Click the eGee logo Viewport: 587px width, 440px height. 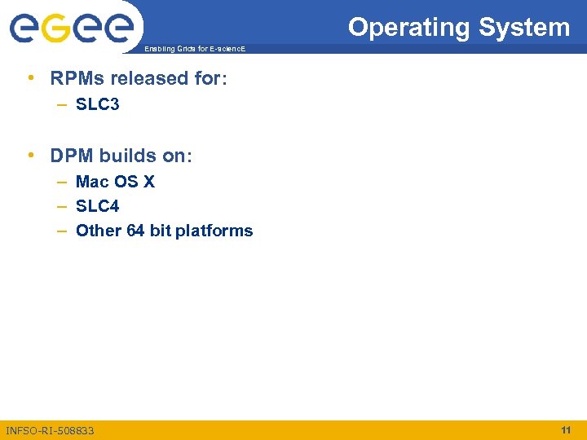(x=71, y=29)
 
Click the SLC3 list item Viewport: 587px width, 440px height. (x=97, y=104)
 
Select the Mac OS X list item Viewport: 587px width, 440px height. (x=115, y=182)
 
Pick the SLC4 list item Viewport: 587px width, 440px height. (x=97, y=206)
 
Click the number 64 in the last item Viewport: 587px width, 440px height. (x=135, y=231)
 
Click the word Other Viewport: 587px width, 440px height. (x=98, y=231)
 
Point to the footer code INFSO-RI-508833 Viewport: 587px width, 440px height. (x=50, y=430)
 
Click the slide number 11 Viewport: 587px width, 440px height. (x=566, y=429)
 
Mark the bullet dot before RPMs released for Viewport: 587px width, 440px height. (x=29, y=79)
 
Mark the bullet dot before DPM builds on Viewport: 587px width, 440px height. (x=29, y=156)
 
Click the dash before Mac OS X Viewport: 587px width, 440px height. (x=62, y=182)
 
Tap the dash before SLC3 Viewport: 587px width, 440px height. (x=62, y=104)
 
